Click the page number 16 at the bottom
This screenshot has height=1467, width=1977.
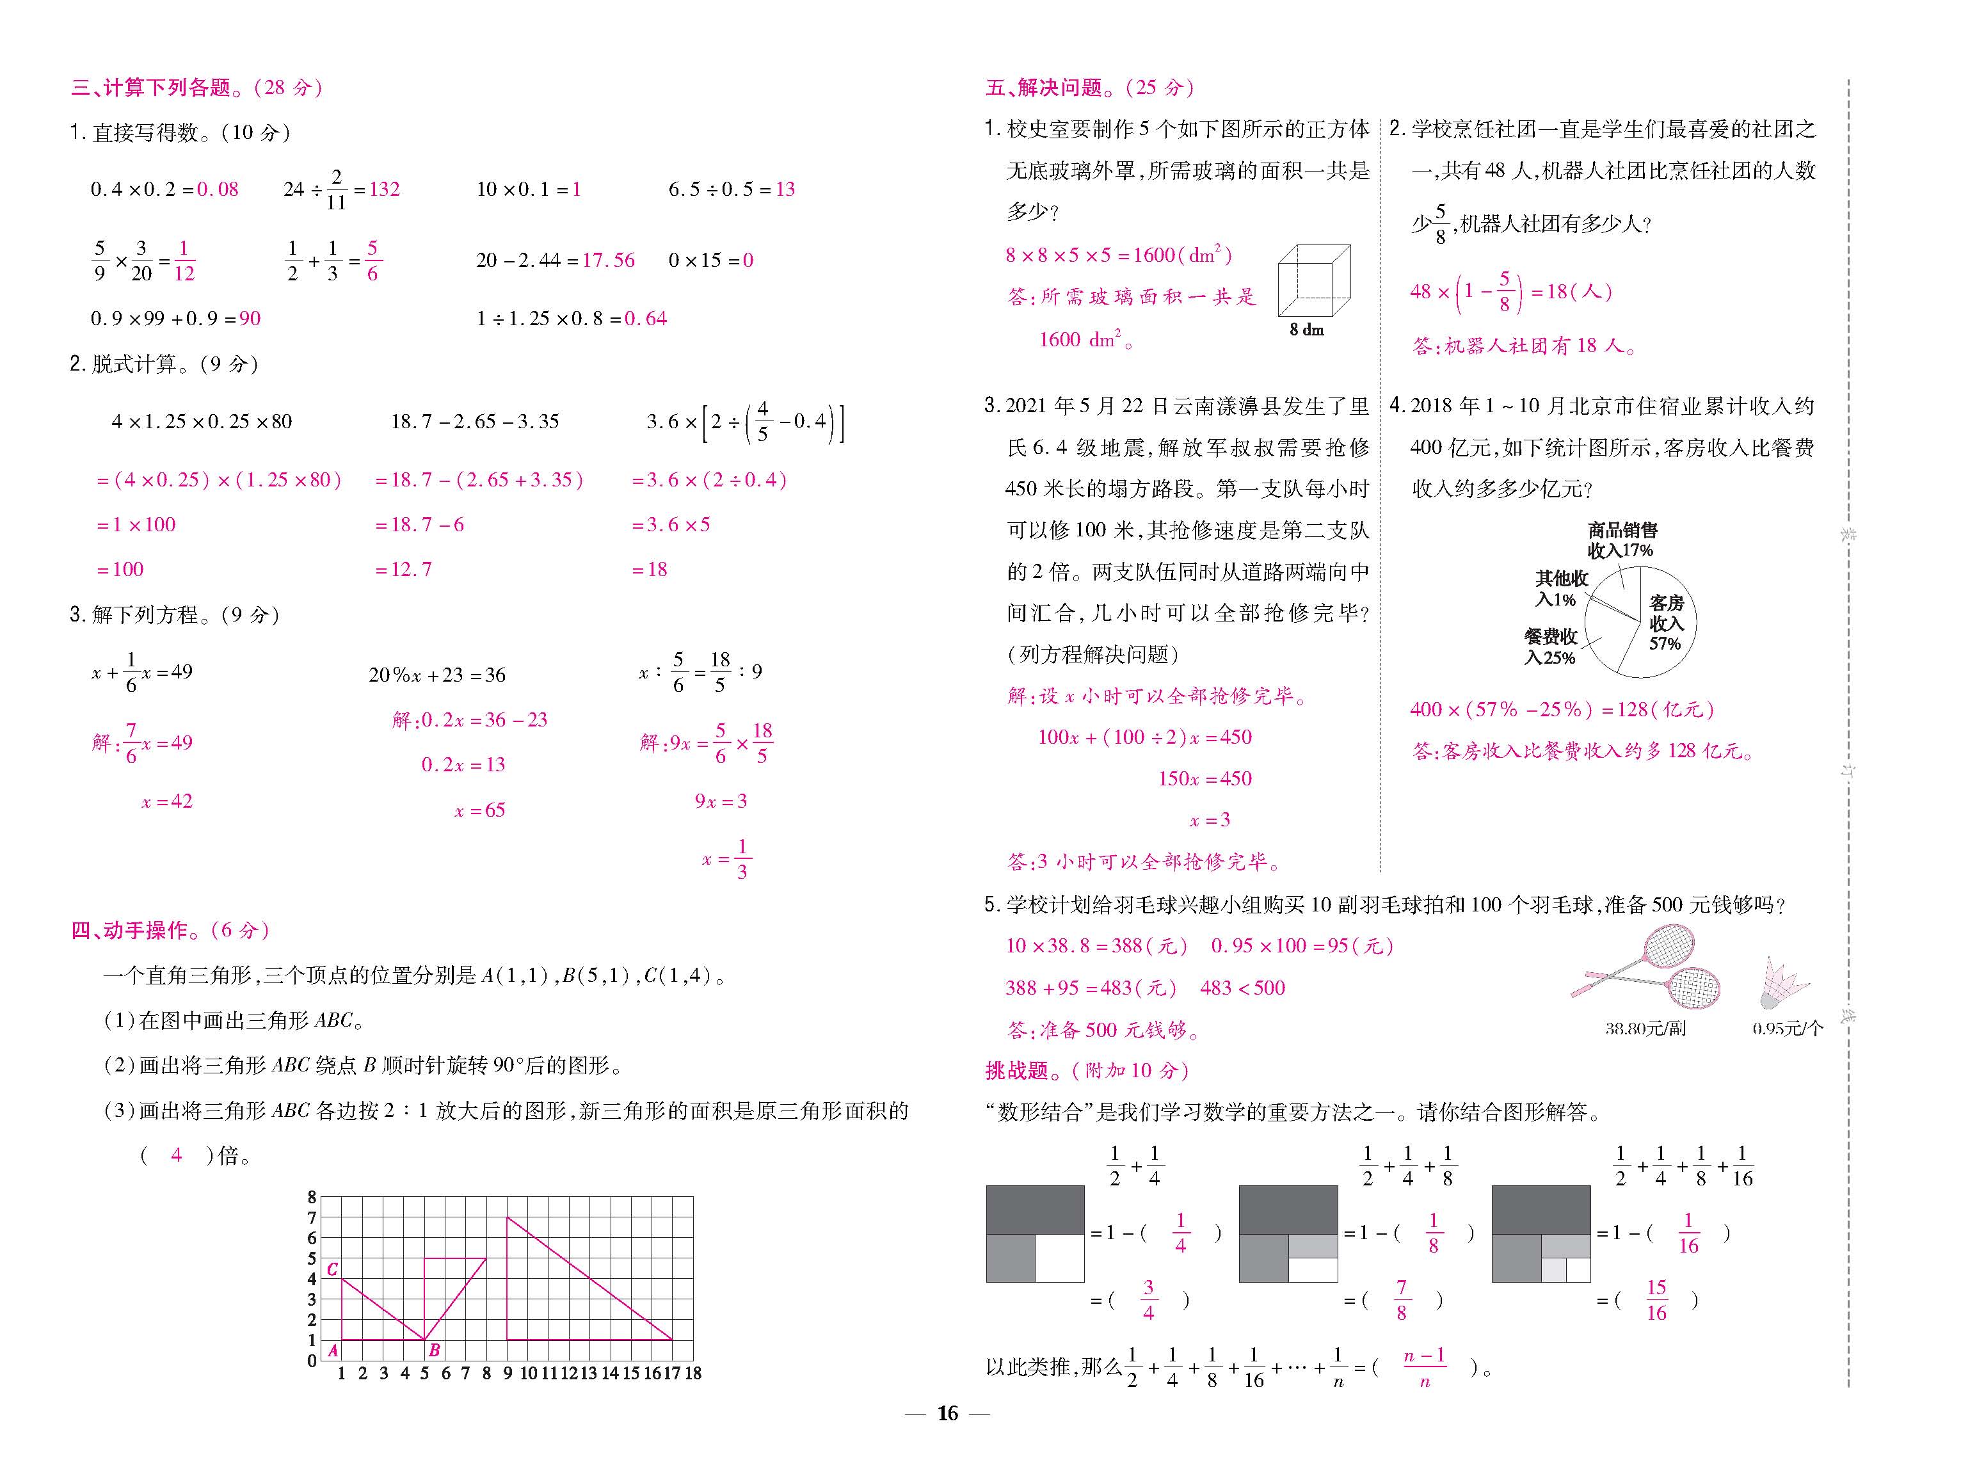pyautogui.click(x=947, y=1413)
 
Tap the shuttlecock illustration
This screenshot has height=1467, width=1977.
pyautogui.click(x=1782, y=983)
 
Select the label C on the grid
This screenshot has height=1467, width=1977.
pyautogui.click(x=332, y=1269)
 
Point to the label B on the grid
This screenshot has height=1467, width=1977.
pyautogui.click(x=434, y=1350)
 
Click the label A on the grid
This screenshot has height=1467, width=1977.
pyautogui.click(x=333, y=1351)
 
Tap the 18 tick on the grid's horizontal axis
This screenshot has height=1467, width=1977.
pyautogui.click(x=693, y=1374)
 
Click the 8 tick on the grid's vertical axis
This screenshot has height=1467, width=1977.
pyautogui.click(x=312, y=1197)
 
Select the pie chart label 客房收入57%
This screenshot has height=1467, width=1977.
pyautogui.click(x=1665, y=623)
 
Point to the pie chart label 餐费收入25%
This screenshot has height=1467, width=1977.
pyautogui.click(x=1550, y=647)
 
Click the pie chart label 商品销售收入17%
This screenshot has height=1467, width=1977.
pyautogui.click(x=1622, y=541)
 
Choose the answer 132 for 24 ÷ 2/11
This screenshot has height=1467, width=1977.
pyautogui.click(x=385, y=189)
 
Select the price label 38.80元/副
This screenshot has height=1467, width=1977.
pyautogui.click(x=1645, y=1029)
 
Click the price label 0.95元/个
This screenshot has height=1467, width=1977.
pyautogui.click(x=1787, y=1029)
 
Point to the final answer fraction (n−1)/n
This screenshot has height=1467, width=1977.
pyautogui.click(x=1425, y=1368)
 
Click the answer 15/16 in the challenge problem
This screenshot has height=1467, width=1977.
pyautogui.click(x=1656, y=1300)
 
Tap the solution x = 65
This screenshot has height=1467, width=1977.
pyautogui.click(x=479, y=810)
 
